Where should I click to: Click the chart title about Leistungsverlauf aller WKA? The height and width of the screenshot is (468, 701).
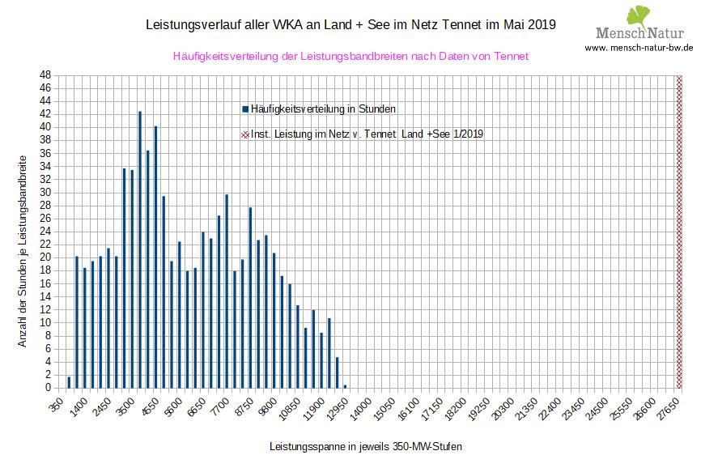[350, 24]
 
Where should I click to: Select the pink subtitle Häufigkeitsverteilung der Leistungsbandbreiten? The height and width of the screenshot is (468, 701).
[350, 56]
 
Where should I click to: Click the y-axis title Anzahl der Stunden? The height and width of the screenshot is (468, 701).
[23, 251]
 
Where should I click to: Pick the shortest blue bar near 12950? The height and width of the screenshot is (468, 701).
[345, 386]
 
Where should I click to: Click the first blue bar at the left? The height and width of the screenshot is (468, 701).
[69, 382]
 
